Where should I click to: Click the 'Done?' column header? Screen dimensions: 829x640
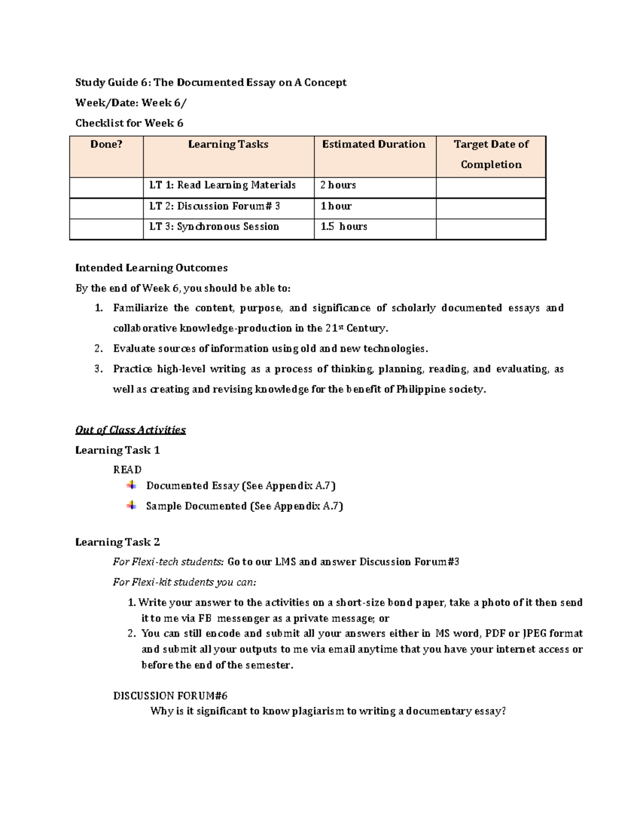click(x=106, y=144)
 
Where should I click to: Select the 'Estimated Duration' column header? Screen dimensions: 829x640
click(x=373, y=144)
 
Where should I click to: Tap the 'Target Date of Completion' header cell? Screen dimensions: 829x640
click(x=491, y=154)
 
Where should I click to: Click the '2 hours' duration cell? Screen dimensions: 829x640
click(x=338, y=185)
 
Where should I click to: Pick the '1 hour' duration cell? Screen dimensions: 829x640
click(x=336, y=206)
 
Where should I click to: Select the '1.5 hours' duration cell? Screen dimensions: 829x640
click(x=343, y=226)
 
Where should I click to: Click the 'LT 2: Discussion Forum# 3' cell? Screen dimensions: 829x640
click(x=214, y=206)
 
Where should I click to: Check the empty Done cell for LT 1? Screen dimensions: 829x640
click(x=106, y=187)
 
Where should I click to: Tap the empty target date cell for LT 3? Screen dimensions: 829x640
click(x=491, y=228)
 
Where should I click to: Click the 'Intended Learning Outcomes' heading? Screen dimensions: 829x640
click(x=151, y=268)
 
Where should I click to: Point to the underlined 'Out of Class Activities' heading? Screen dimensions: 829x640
click(x=130, y=430)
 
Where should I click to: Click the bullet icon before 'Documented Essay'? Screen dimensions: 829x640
click(x=131, y=485)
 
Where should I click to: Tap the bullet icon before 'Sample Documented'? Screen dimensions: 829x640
click(x=131, y=505)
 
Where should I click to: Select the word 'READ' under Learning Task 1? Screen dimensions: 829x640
click(x=127, y=470)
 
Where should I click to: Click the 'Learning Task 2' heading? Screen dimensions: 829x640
click(x=117, y=542)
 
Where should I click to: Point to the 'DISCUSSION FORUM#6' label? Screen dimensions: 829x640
click(x=170, y=696)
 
